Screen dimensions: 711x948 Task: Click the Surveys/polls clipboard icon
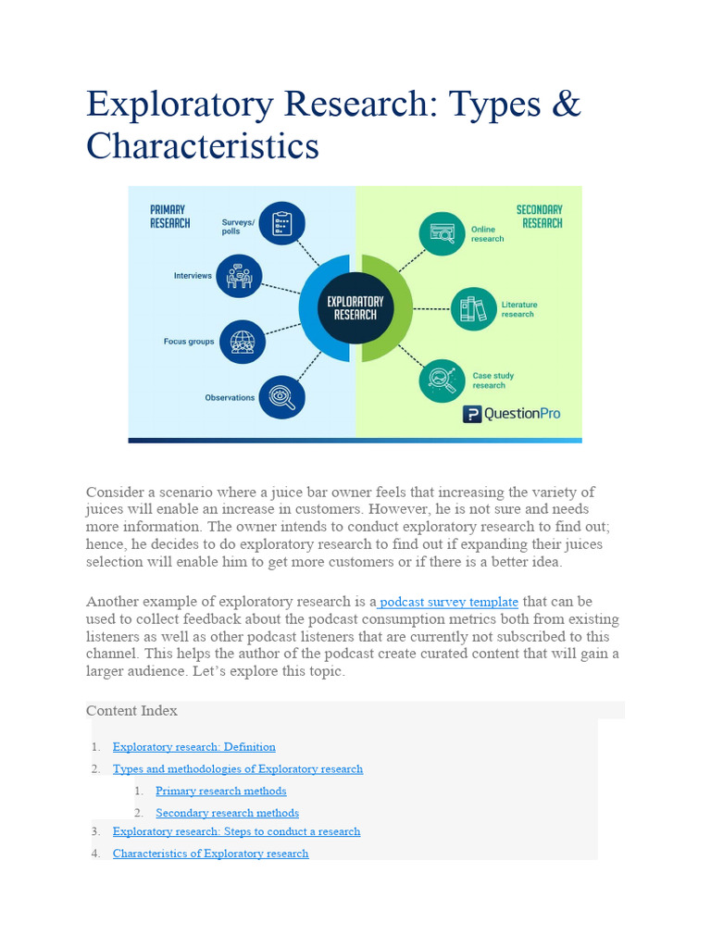pyautogui.click(x=281, y=223)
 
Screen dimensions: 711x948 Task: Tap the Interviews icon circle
pyautogui.click(x=239, y=276)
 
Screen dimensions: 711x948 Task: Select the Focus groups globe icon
pyautogui.click(x=243, y=342)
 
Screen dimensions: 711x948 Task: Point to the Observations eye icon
pyautogui.click(x=281, y=397)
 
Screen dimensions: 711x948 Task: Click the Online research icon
pyautogui.click(x=442, y=233)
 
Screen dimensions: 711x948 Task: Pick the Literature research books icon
pyautogui.click(x=473, y=308)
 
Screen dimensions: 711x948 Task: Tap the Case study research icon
pyautogui.click(x=442, y=380)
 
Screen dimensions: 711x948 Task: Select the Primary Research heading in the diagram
pyautogui.click(x=169, y=216)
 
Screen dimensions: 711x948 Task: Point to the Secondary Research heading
pyautogui.click(x=540, y=216)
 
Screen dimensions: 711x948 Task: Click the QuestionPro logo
pyautogui.click(x=511, y=414)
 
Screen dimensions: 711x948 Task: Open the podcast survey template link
pyautogui.click(x=449, y=601)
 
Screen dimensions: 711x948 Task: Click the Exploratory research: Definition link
pyautogui.click(x=193, y=746)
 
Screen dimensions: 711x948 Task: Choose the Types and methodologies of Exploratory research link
pyautogui.click(x=237, y=768)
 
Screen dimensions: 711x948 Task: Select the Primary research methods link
pyautogui.click(x=220, y=791)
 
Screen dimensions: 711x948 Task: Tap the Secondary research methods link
pyautogui.click(x=227, y=813)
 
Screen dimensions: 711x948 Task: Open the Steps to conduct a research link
pyautogui.click(x=236, y=831)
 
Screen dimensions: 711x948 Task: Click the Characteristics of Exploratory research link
pyautogui.click(x=210, y=854)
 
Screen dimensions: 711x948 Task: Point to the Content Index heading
pyautogui.click(x=131, y=710)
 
